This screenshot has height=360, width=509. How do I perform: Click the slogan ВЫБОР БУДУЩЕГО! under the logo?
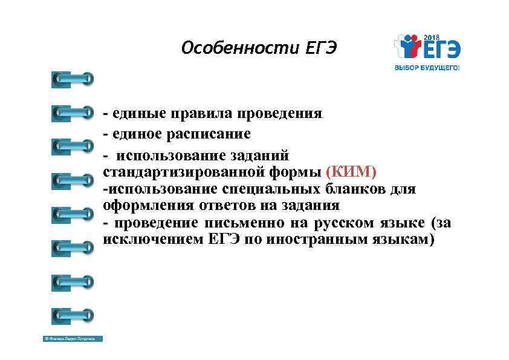pyautogui.click(x=427, y=68)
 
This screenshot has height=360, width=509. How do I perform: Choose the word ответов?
pyautogui.click(x=215, y=206)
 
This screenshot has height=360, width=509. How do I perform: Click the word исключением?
pyautogui.click(x=154, y=239)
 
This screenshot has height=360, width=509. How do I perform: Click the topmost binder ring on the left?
pyautogui.click(x=73, y=79)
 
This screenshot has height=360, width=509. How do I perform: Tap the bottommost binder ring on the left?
pyautogui.click(x=73, y=315)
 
